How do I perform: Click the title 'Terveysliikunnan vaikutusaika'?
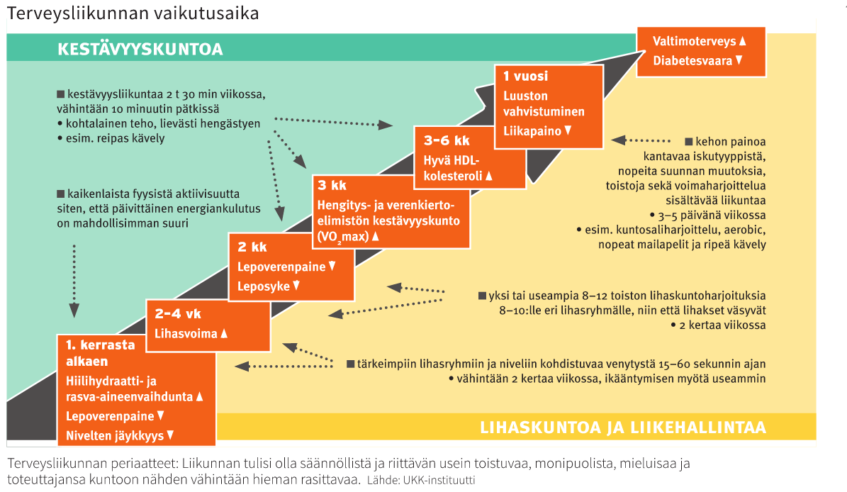[x=133, y=13]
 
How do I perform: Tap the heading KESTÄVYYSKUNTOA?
[x=140, y=49]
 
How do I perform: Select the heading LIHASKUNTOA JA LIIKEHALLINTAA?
[x=623, y=427]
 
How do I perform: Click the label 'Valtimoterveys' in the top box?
[x=694, y=41]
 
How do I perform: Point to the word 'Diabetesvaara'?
[x=692, y=60]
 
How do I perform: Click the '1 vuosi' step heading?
[x=526, y=76]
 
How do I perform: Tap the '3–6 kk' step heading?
[x=447, y=141]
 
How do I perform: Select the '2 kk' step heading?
[x=252, y=247]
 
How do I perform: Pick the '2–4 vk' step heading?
[x=178, y=314]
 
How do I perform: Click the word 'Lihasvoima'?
[x=186, y=334]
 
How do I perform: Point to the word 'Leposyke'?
[x=264, y=286]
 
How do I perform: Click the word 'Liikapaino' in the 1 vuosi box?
[x=532, y=130]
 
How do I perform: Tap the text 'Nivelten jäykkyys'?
[x=115, y=436]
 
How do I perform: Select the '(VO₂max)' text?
[x=343, y=237]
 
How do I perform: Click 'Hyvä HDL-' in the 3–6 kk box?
[x=451, y=160]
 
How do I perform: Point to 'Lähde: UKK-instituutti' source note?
[x=421, y=480]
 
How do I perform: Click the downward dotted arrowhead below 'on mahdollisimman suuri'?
[x=74, y=311]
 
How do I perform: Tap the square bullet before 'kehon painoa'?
[x=689, y=142]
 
